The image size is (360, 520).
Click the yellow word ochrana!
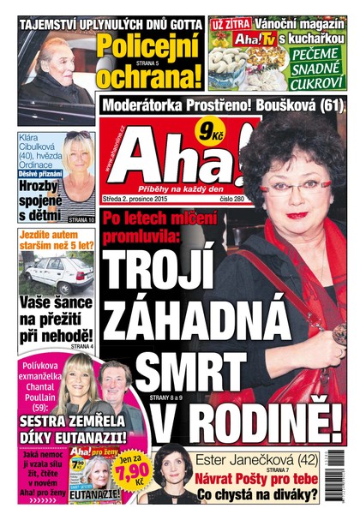pyautogui.click(x=150, y=76)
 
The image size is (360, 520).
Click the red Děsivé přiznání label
pyautogui.click(x=35, y=172)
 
